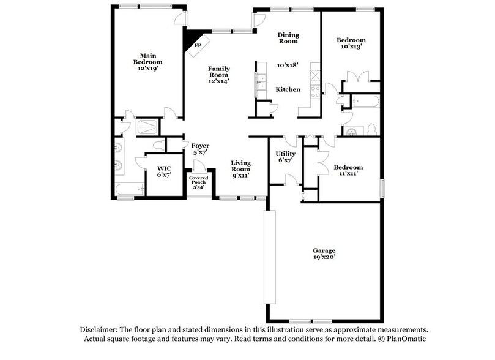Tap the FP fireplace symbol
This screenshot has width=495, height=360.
198,45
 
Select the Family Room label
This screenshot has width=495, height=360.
218,74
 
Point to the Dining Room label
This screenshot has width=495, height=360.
288,38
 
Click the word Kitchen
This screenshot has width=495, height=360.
288,89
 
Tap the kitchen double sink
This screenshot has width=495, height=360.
261,82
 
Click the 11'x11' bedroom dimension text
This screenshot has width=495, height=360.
348,174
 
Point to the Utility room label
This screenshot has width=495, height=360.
285,154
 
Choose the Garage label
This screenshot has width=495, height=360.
324,251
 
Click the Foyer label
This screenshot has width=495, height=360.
200,146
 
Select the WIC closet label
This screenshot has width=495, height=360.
164,168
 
